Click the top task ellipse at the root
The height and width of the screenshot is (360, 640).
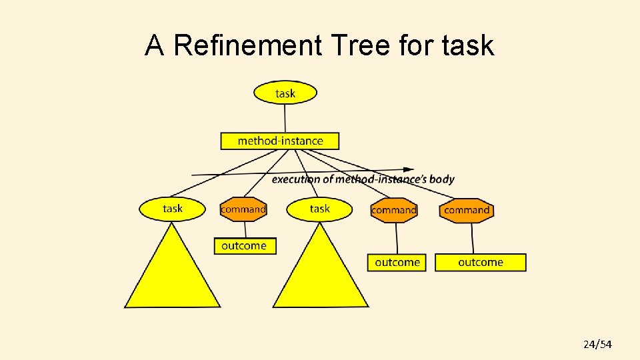(285, 93)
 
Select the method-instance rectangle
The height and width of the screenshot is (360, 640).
(280, 141)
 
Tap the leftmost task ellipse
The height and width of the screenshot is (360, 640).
(173, 209)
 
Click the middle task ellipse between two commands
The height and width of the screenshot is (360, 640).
(320, 209)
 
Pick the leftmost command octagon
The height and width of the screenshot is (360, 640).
(243, 209)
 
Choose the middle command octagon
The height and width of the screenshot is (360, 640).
(394, 210)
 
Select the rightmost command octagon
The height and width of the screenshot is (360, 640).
(467, 210)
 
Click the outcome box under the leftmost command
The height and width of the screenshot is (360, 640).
(244, 245)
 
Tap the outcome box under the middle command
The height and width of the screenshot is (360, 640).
(398, 262)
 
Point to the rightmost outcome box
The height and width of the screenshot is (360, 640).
(481, 262)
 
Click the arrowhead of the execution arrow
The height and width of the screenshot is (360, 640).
(408, 170)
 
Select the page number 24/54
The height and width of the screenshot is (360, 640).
(597, 344)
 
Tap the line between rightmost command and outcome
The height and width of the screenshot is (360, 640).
(473, 238)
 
